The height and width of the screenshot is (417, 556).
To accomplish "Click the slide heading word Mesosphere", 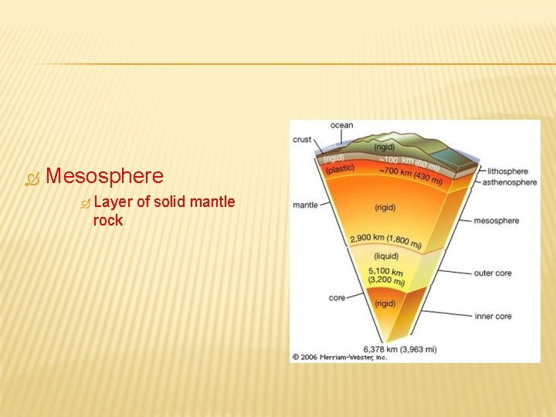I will tap(104, 176).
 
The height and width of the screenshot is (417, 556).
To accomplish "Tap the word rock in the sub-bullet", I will tap(107, 220).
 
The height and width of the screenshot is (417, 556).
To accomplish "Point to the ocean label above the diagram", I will tap(341, 125).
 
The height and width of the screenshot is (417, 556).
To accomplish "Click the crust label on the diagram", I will tap(302, 140).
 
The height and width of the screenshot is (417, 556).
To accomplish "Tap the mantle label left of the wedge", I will tap(305, 205).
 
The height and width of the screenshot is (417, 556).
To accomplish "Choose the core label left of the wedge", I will tap(337, 297).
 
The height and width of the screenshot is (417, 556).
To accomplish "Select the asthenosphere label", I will tap(509, 182).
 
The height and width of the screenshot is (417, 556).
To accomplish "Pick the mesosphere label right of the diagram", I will tap(496, 221).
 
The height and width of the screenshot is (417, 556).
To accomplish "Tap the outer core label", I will tap(493, 273).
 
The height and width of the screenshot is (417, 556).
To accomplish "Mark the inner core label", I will tap(493, 316).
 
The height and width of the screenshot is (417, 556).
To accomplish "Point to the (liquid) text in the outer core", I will tap(386, 256).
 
